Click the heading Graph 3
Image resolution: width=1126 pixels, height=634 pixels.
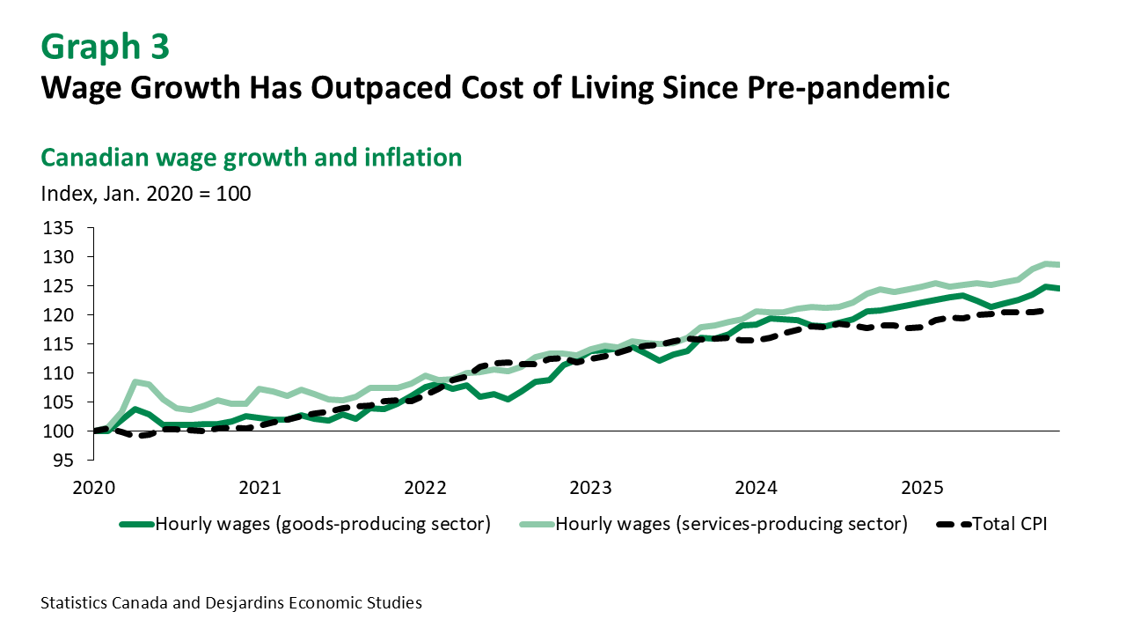pyautogui.click(x=105, y=47)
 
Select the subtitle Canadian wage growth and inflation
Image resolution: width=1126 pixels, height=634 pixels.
pyautogui.click(x=252, y=158)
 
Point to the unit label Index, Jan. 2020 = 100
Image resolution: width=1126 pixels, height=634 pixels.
pyautogui.click(x=146, y=193)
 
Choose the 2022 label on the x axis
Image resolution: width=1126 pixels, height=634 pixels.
pyautogui.click(x=425, y=487)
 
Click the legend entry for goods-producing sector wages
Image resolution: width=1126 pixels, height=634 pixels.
pyautogui.click(x=322, y=525)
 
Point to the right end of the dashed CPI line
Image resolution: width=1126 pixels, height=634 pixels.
pyautogui.click(x=1042, y=310)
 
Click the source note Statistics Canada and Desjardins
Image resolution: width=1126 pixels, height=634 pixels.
pyautogui.click(x=231, y=603)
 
